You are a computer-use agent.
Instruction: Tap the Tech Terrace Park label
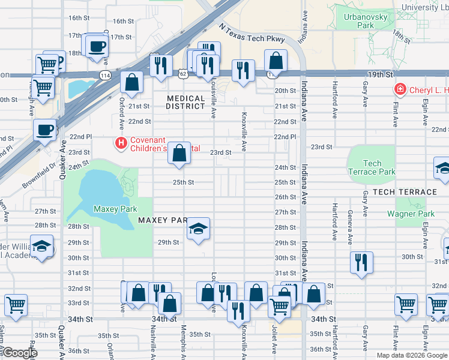(x=372, y=167)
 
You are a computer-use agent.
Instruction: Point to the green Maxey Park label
(x=115, y=209)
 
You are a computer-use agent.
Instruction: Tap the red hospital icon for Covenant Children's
(x=121, y=143)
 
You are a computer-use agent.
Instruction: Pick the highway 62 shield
(x=183, y=73)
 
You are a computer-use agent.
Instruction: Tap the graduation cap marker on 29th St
(x=198, y=229)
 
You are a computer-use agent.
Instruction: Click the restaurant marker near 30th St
(x=361, y=262)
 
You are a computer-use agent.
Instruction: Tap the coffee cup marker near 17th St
(x=97, y=46)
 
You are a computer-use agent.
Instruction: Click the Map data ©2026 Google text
(x=411, y=355)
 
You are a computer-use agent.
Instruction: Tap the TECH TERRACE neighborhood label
(x=405, y=192)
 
